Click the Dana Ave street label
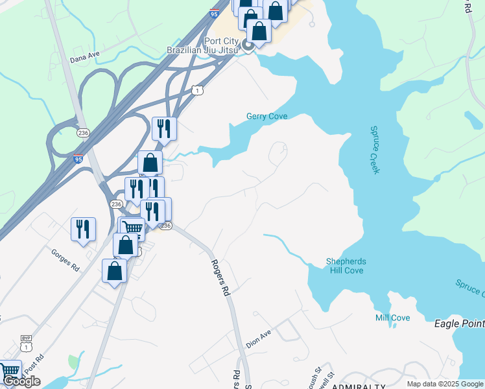click(84, 58)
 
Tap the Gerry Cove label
click(266, 117)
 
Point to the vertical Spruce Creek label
click(375, 150)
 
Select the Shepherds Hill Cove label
click(346, 266)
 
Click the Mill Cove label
click(392, 318)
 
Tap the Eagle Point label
click(459, 322)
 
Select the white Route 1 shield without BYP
click(197, 91)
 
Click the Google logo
click(21, 381)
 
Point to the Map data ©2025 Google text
click(445, 384)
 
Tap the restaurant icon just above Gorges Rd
click(83, 229)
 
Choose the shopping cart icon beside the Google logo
click(9, 371)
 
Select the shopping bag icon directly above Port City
click(259, 30)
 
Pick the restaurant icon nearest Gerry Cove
click(164, 128)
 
